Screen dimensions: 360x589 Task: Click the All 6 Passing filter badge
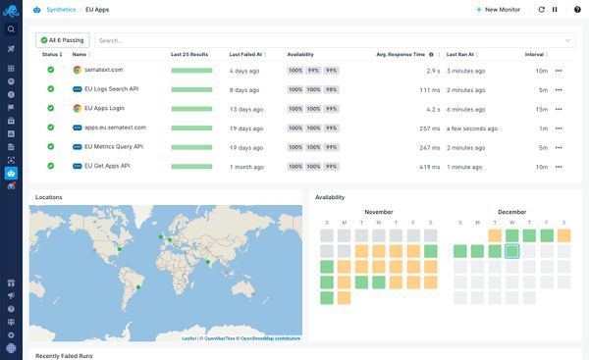(64, 40)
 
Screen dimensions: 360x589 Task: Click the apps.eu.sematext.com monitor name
(114, 128)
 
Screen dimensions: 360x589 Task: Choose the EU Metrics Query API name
(114, 147)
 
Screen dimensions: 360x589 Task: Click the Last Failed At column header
(247, 55)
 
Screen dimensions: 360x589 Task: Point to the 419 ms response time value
(429, 167)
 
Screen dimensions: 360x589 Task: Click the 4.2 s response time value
(432, 109)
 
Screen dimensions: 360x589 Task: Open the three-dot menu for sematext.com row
(559, 71)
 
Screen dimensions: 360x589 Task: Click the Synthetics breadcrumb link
(61, 9)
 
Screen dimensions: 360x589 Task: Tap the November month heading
(378, 212)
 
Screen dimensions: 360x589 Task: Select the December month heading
(511, 212)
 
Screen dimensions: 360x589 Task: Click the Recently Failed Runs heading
(64, 355)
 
